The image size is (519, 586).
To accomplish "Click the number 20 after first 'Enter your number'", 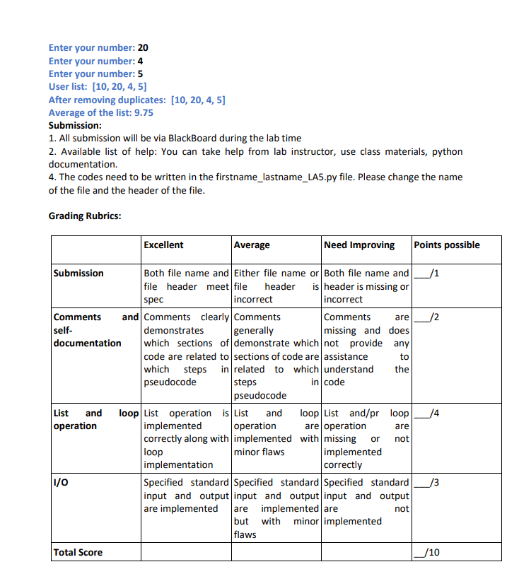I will pos(143,48).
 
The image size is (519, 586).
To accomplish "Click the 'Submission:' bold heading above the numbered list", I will pos(75,125).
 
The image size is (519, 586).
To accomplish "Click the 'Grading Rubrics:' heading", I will pos(84,216).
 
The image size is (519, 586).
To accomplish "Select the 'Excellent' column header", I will pos(163,245).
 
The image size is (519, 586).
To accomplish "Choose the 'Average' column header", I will pos(252,245).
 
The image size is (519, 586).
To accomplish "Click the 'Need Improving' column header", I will pos(359,245).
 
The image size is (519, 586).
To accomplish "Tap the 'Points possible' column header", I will pos(447,245).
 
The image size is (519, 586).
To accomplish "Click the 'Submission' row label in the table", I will pos(78,274).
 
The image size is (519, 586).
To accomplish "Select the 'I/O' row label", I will pos(62,483).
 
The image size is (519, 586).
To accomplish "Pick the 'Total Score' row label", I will pos(78,553).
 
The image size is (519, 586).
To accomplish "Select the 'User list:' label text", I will pos(68,87).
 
